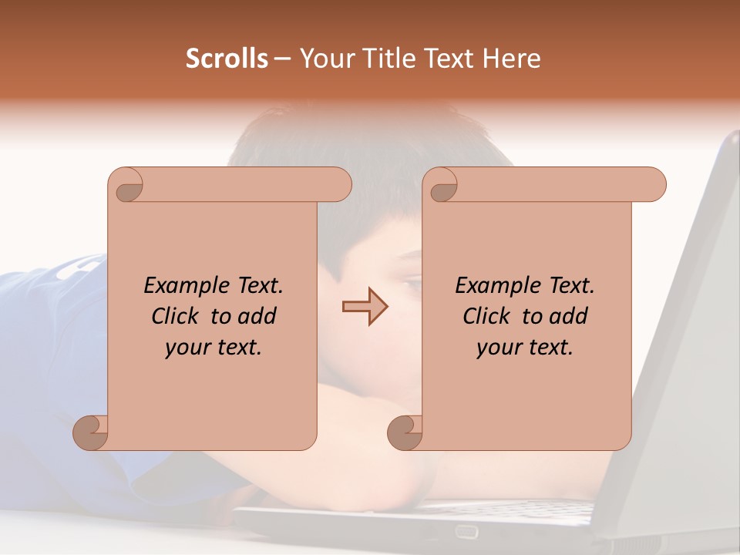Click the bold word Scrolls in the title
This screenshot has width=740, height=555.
click(x=227, y=59)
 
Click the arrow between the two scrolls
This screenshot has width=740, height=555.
click(x=365, y=306)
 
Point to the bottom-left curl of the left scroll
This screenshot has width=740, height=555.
click(x=90, y=432)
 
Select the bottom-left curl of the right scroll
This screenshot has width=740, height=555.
click(x=405, y=432)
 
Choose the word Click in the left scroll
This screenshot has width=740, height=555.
click(x=177, y=316)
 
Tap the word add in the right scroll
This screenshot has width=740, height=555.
click(x=567, y=316)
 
